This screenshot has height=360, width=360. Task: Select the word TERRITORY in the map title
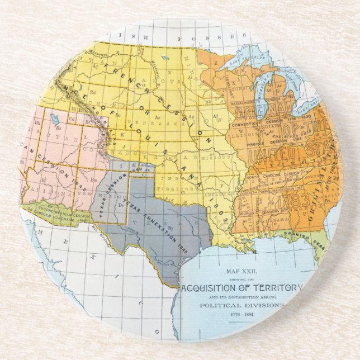pyautogui.click(x=277, y=287)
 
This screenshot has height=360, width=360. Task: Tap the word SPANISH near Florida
pyautogui.click(x=299, y=233)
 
